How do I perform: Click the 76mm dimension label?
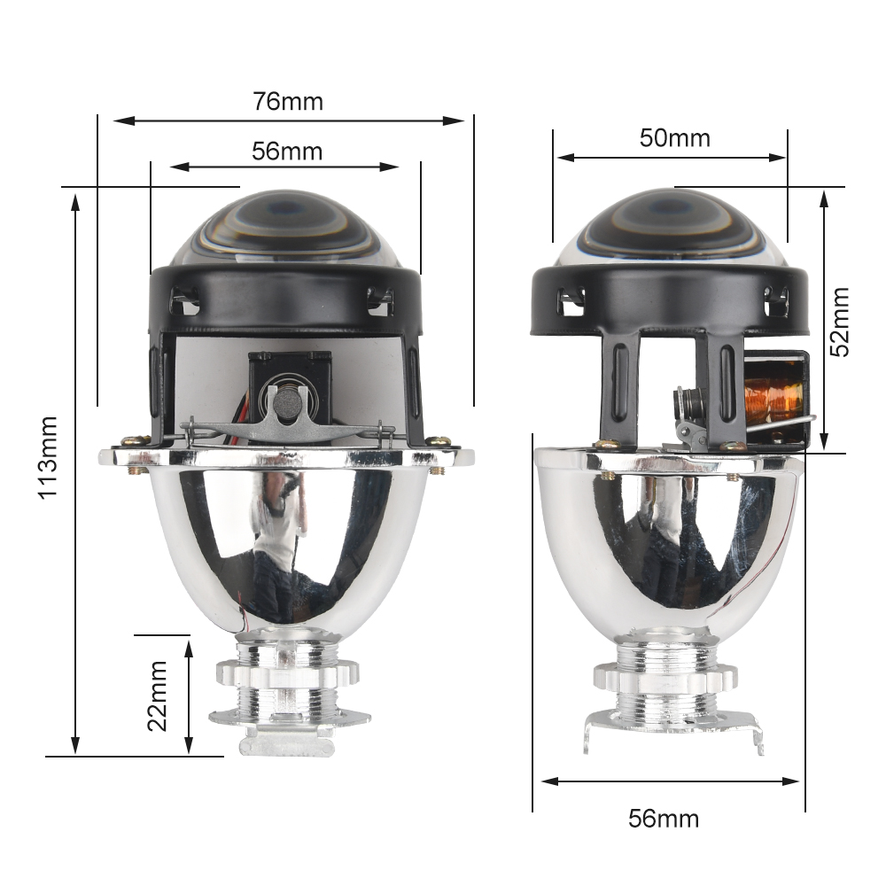tap(288, 102)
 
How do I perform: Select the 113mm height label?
tap(48, 457)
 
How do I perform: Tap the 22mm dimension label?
tap(158, 696)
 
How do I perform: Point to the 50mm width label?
tap(674, 138)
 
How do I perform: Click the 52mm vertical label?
tap(840, 322)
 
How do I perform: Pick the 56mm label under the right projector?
tap(664, 819)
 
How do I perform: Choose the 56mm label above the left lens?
tap(287, 152)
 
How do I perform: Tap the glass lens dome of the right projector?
tap(672, 229)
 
